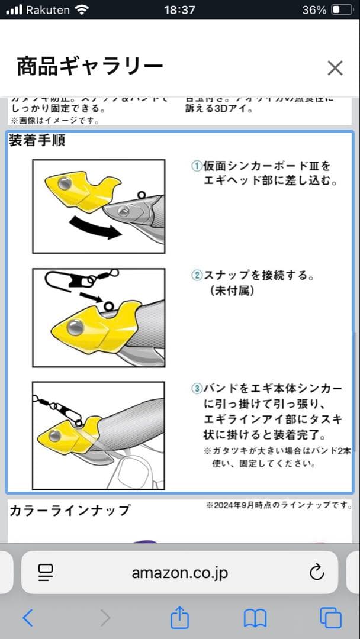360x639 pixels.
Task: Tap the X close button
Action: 335,68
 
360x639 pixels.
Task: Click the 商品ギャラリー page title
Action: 89,67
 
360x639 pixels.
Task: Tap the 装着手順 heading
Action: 37,141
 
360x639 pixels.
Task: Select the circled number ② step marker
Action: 197,276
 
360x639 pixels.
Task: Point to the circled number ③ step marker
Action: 197,389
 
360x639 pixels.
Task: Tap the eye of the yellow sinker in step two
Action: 75,327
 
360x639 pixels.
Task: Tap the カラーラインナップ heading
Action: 70,511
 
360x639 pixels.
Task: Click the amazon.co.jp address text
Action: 179,573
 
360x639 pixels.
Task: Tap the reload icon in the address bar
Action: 317,572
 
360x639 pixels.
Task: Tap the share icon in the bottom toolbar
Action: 179,618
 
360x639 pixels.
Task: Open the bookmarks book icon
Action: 255,618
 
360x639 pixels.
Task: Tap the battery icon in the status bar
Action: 341,10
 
